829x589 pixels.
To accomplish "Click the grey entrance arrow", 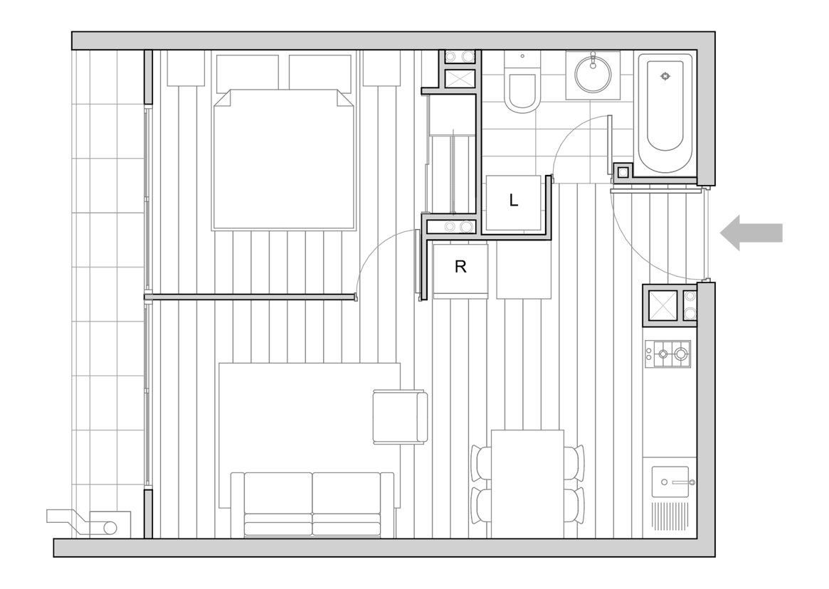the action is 751,233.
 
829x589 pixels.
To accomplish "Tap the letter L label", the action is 513,201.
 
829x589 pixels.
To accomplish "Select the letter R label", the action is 460,267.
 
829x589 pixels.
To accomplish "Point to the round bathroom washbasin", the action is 593,75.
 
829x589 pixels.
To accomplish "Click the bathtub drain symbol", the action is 665,77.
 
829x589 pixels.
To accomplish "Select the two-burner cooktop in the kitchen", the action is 667,354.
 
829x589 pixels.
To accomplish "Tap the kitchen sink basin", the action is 670,482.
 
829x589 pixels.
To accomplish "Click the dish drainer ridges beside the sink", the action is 670,516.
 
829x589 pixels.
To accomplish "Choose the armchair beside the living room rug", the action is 400,417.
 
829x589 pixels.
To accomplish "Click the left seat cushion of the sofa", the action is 278,492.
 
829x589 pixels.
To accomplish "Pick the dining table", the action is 527,484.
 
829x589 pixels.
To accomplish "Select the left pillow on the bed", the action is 248,72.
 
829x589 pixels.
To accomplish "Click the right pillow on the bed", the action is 320,72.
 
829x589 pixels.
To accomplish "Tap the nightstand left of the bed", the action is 186,68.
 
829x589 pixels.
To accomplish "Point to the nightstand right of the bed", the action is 381,68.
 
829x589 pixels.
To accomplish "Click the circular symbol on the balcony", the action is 110,527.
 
